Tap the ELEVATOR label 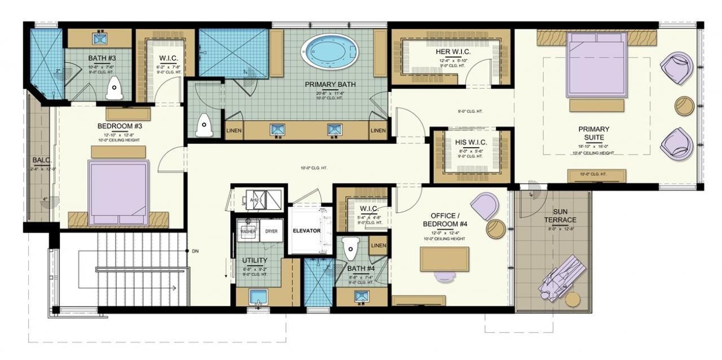click(306, 231)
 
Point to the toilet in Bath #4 click(351, 247)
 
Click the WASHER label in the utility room click(248, 231)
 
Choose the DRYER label click(271, 231)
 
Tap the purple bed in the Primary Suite click(596, 63)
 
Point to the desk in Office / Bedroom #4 click(444, 259)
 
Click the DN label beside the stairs click(195, 251)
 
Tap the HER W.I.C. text click(453, 52)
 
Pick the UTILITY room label click(254, 261)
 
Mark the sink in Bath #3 click(99, 37)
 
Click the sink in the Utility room click(258, 297)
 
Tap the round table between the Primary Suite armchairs click(684, 106)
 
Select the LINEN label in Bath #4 click(378, 245)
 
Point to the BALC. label click(38, 160)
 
